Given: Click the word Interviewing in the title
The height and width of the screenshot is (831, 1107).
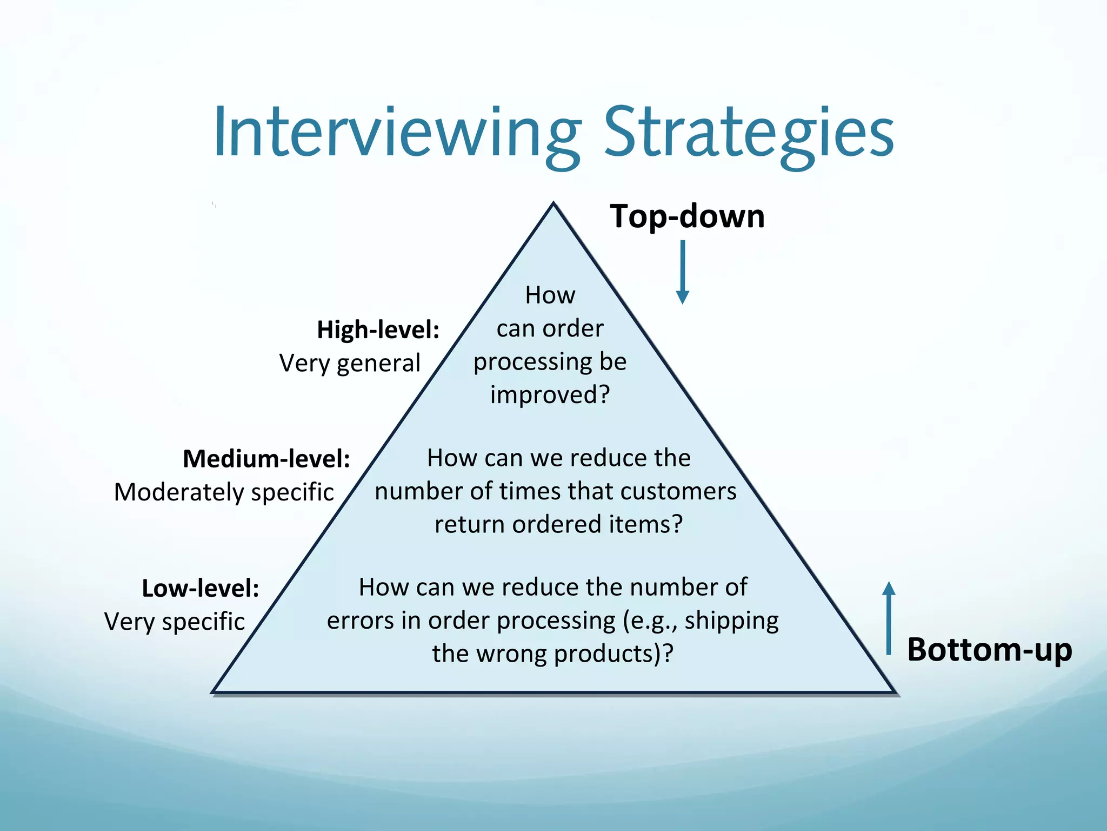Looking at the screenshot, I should point(397,133).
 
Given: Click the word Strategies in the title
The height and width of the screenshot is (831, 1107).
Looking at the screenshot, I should point(749,133).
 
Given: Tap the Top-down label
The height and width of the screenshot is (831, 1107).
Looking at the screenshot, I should point(687,216).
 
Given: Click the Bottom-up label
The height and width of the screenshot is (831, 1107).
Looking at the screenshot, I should point(989,649).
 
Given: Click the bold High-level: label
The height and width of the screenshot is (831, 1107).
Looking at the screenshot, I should point(378,329).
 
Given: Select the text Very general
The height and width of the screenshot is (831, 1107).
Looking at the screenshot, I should point(350,363).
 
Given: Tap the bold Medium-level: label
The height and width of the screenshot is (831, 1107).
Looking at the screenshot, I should point(266,459).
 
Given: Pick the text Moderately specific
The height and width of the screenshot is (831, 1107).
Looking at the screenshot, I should point(224,492).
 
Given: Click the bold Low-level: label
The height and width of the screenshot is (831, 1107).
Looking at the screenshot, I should point(201,588).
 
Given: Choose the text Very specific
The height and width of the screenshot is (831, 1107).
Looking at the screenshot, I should point(175,622).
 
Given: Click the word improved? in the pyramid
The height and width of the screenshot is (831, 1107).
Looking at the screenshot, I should point(550,394).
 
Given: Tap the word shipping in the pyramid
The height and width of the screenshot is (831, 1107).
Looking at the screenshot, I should point(731,621).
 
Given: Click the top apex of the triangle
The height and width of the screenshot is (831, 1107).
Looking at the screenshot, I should point(553,205).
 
